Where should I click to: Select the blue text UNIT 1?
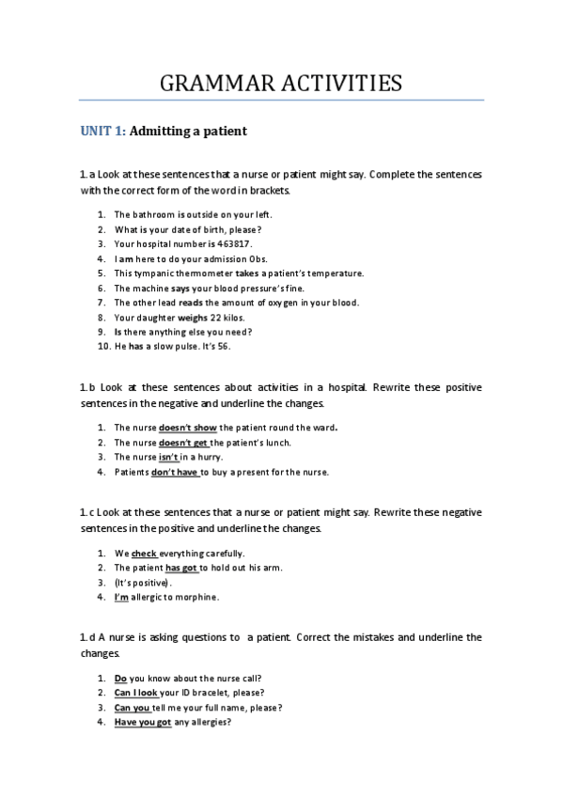coord(102,133)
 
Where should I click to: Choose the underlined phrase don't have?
coord(175,472)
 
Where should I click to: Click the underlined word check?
coord(144,553)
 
